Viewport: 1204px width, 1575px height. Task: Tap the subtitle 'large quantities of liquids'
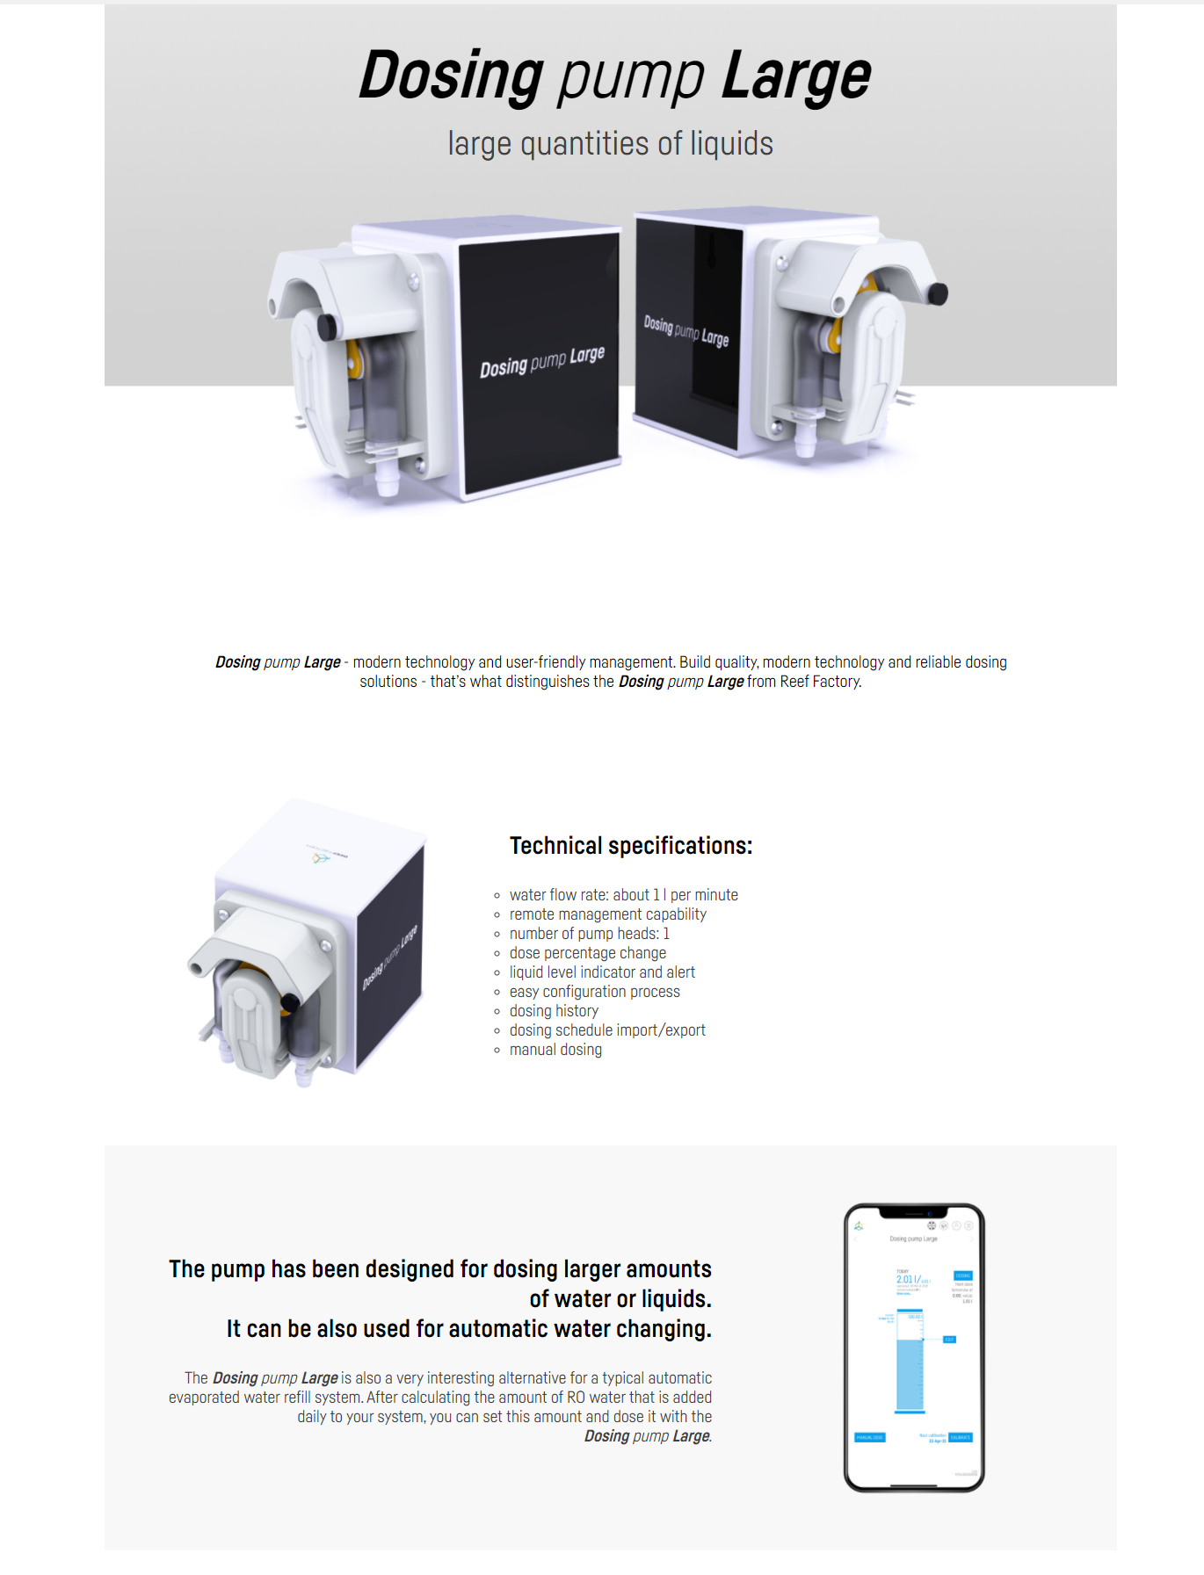coord(610,143)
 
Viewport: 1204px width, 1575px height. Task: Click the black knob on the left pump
coord(328,327)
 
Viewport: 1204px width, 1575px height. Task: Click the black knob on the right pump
coord(937,293)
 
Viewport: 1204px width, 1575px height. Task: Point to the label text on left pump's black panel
coord(541,361)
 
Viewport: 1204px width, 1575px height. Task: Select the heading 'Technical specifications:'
coord(630,845)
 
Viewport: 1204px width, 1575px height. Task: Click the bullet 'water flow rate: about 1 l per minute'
coord(623,894)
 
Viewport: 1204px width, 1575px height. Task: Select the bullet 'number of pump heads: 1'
coord(589,933)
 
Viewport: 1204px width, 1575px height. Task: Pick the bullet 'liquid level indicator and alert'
coord(602,972)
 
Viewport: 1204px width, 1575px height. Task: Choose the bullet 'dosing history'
coord(554,1010)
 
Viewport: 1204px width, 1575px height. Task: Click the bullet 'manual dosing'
coord(555,1049)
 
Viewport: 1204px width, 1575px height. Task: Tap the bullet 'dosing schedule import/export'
coord(607,1030)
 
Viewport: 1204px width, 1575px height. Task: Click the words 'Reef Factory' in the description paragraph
coord(818,682)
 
